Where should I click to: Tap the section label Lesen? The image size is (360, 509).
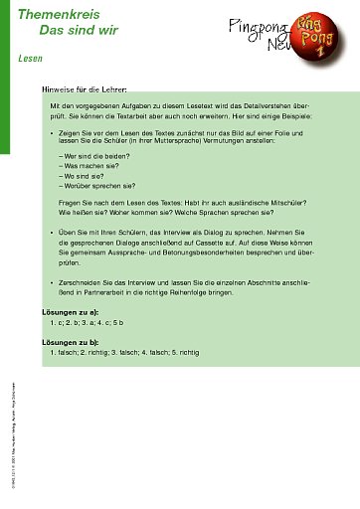point(30,59)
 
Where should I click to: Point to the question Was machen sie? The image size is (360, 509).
point(90,167)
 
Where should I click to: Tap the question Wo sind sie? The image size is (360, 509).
point(84,177)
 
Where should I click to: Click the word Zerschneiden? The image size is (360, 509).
point(82,283)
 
